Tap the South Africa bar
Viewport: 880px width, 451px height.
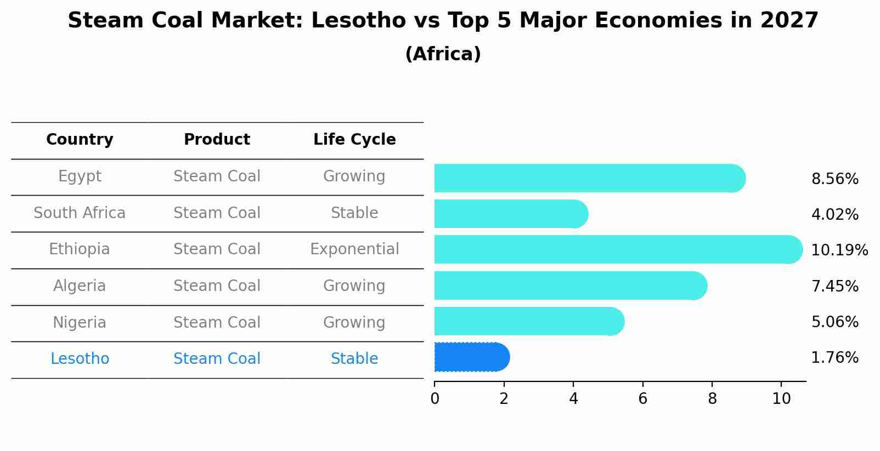click(510, 214)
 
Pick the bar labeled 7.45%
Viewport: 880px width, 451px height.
click(571, 286)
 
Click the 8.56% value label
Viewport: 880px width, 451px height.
click(834, 179)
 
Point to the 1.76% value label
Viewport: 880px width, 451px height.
click(834, 358)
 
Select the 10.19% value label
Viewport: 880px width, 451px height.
click(839, 250)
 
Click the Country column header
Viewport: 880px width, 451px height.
click(80, 140)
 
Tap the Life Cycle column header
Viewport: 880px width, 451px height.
click(354, 140)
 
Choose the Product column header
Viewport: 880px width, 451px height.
click(217, 140)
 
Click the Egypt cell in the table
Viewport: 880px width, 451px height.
click(80, 176)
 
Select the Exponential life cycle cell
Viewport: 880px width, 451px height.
click(354, 249)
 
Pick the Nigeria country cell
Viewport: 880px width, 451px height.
click(80, 322)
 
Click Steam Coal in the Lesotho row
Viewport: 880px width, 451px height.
click(217, 359)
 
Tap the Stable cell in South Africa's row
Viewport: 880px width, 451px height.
click(354, 213)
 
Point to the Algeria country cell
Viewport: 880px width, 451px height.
click(80, 286)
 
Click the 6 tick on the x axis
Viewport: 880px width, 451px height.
click(642, 398)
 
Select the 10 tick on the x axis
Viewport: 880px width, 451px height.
click(781, 398)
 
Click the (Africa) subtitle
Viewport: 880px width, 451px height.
click(443, 54)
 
